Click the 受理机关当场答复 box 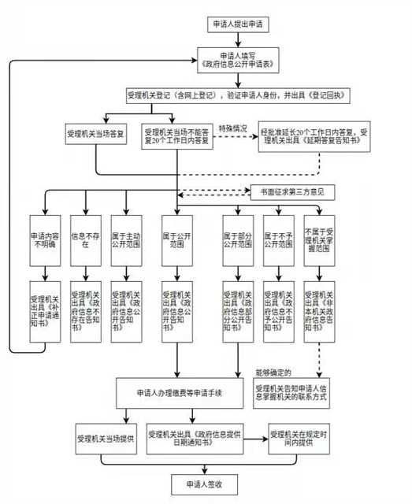tap(96, 134)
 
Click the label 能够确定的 tap(274, 371)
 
